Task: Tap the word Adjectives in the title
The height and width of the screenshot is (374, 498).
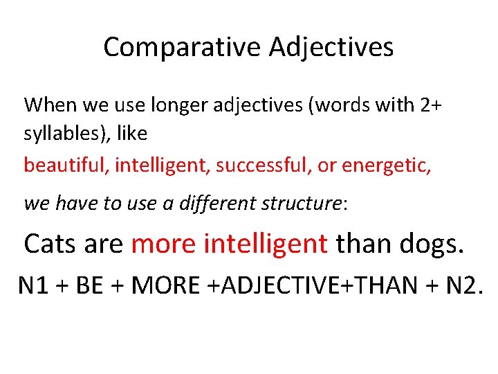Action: pos(331,47)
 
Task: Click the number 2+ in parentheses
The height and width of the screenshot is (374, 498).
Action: pos(429,105)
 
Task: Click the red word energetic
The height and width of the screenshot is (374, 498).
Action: pos(387,166)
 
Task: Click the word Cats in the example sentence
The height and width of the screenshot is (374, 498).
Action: pos(50,244)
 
